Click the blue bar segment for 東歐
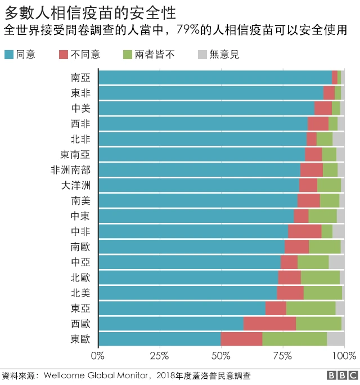[x=160, y=339]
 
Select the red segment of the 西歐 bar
[x=269, y=324]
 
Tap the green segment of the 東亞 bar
[x=310, y=308]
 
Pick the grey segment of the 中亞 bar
[x=336, y=262]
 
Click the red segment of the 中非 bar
[x=304, y=231]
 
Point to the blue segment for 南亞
[x=215, y=78]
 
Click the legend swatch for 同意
[x=9, y=55]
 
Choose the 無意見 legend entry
[x=224, y=55]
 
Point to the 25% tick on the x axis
[x=160, y=356]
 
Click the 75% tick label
[x=282, y=356]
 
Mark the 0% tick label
[x=98, y=356]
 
